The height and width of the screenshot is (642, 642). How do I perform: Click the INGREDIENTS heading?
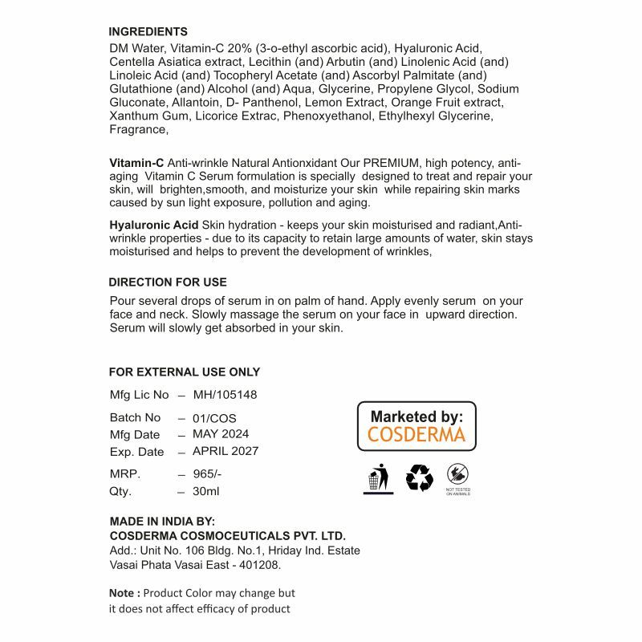148,32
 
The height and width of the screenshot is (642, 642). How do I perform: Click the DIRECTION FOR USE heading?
168,282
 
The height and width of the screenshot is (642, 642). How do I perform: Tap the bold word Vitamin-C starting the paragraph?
136,163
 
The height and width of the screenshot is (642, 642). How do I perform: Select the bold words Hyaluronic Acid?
154,225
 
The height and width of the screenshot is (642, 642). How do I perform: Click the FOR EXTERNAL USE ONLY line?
185,372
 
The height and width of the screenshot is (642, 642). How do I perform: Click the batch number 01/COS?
214,418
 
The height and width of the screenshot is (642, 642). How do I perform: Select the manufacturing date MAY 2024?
221,434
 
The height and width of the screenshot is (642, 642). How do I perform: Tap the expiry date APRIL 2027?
226,451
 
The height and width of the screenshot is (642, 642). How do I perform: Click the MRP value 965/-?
206,473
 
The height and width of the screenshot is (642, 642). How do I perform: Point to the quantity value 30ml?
205,491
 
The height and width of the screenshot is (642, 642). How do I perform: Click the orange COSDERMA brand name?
416,435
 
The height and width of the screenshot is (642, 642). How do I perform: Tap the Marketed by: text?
416,416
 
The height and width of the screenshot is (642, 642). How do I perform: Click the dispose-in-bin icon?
378,479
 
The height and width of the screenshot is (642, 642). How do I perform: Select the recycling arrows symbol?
419,479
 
